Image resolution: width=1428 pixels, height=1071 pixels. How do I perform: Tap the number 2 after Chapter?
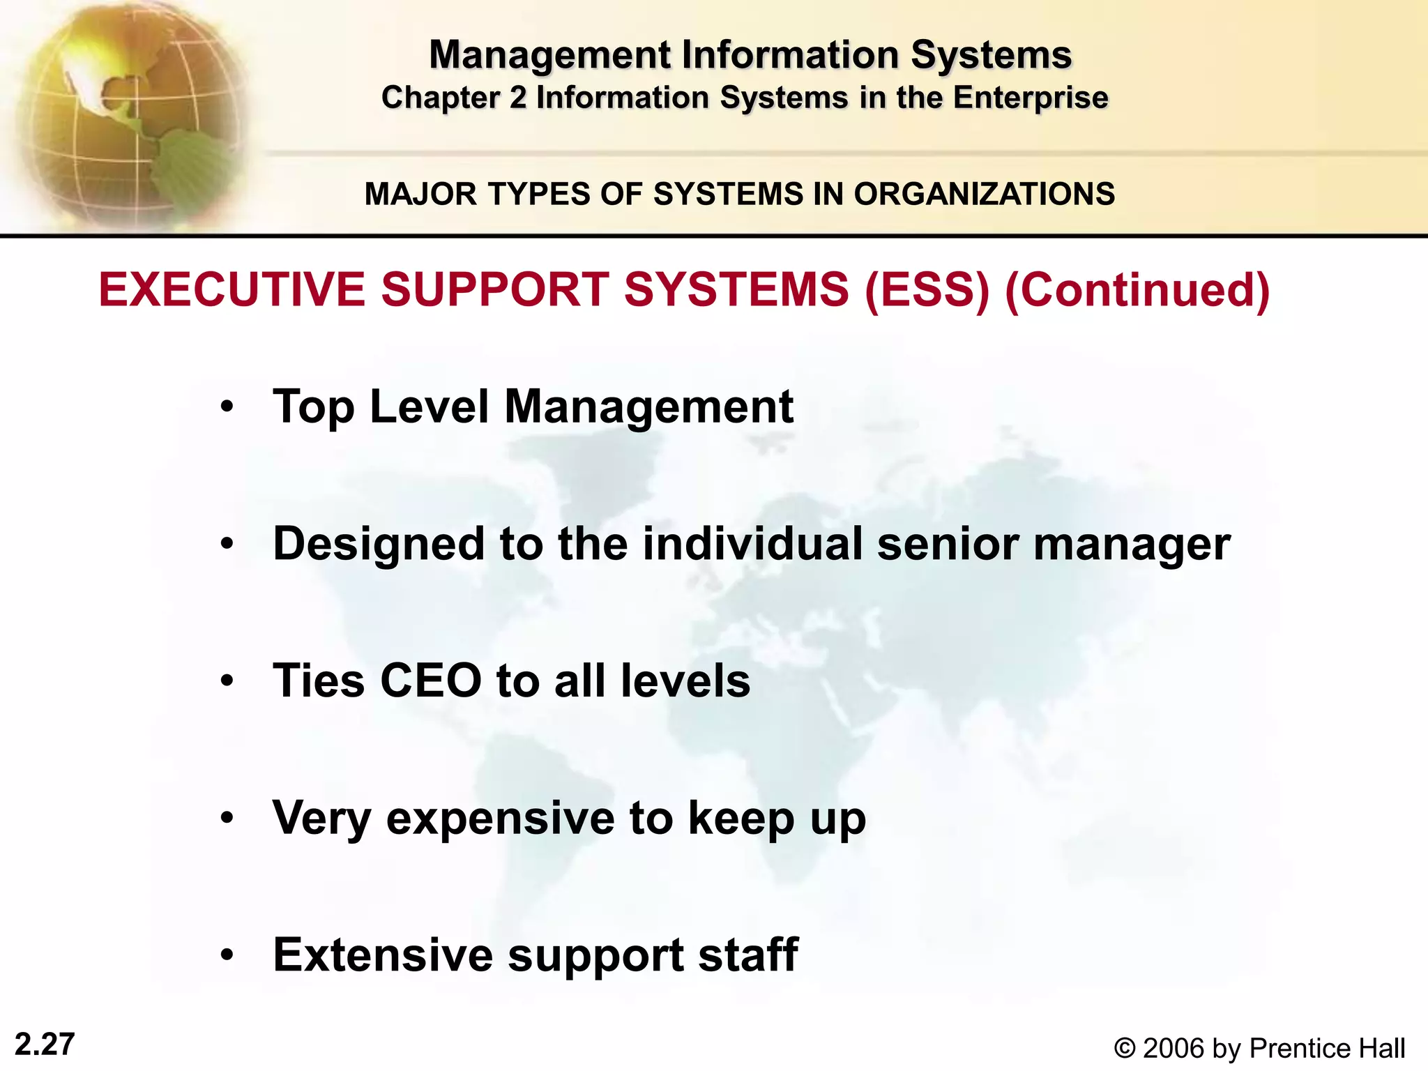point(517,98)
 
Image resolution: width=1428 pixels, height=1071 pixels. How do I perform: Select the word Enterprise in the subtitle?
point(1030,98)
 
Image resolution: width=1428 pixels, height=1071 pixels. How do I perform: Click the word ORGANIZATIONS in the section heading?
point(984,194)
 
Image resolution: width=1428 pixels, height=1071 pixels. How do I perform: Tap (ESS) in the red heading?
point(927,289)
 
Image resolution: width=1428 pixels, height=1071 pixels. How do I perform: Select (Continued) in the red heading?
point(1137,289)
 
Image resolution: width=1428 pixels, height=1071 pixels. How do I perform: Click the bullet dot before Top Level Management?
point(227,407)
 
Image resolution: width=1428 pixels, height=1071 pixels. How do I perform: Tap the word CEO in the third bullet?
point(430,681)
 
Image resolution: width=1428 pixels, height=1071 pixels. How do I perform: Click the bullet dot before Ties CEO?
point(227,681)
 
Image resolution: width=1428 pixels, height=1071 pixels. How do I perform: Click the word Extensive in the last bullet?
point(383,955)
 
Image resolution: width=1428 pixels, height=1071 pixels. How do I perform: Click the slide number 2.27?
point(45,1045)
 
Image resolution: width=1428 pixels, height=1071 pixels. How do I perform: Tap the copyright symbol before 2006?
point(1124,1049)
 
